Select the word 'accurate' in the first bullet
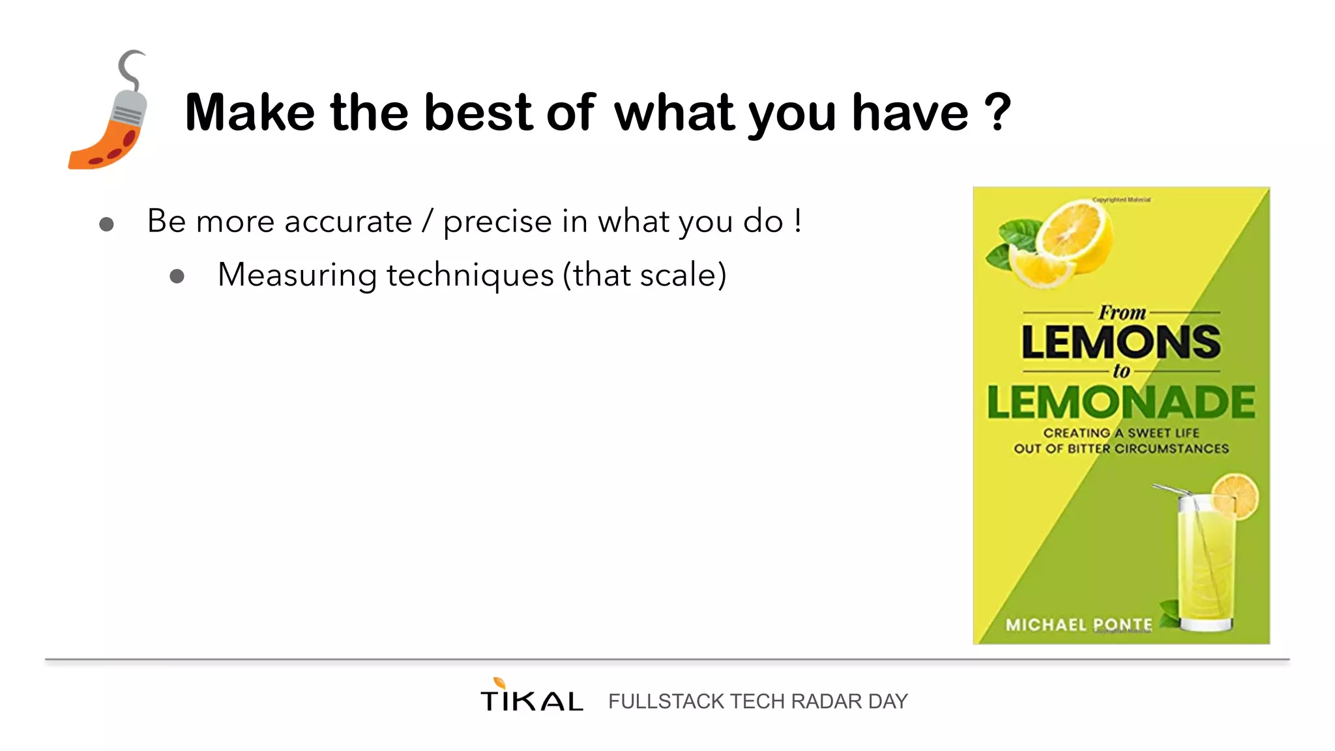pyautogui.click(x=348, y=222)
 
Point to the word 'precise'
pyautogui.click(x=497, y=222)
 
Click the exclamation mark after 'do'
pyautogui.click(x=798, y=220)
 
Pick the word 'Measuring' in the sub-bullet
pyautogui.click(x=297, y=275)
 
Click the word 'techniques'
pyautogui.click(x=470, y=275)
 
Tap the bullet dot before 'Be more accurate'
pyautogui.click(x=106, y=225)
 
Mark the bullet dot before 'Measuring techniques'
pyautogui.click(x=177, y=276)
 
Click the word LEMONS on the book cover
pyautogui.click(x=1121, y=342)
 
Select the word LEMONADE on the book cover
pyautogui.click(x=1121, y=402)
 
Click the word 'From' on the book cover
pyautogui.click(x=1122, y=313)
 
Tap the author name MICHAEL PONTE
pyautogui.click(x=1079, y=625)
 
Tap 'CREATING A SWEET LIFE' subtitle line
pyautogui.click(x=1121, y=433)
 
